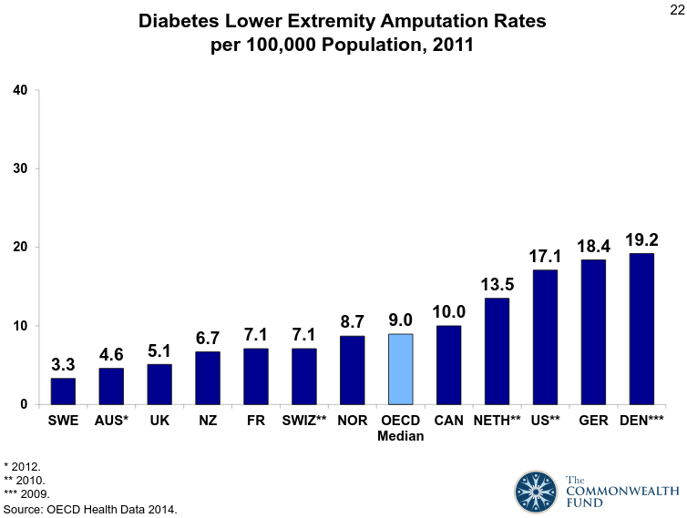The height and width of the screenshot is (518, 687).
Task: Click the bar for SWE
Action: pyautogui.click(x=63, y=391)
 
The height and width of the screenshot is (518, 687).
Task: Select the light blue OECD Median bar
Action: pyautogui.click(x=401, y=369)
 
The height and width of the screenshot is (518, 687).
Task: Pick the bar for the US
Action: pyautogui.click(x=545, y=337)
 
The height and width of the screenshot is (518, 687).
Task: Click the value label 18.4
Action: pyautogui.click(x=593, y=247)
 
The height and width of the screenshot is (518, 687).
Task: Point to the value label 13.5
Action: pyautogui.click(x=497, y=285)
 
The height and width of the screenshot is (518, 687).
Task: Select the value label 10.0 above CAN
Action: pyautogui.click(x=449, y=312)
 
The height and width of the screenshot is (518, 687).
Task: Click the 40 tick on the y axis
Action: pyautogui.click(x=20, y=89)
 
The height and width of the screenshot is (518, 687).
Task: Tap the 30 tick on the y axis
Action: pyautogui.click(x=20, y=168)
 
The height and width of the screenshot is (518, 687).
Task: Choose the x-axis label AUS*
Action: pyautogui.click(x=111, y=422)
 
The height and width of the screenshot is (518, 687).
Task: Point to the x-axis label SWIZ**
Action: pyautogui.click(x=304, y=422)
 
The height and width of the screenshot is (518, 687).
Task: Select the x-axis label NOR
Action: pyautogui.click(x=353, y=422)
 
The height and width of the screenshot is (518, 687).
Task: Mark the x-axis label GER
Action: pyautogui.click(x=593, y=422)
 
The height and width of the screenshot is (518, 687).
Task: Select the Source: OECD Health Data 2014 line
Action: pyautogui.click(x=90, y=508)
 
